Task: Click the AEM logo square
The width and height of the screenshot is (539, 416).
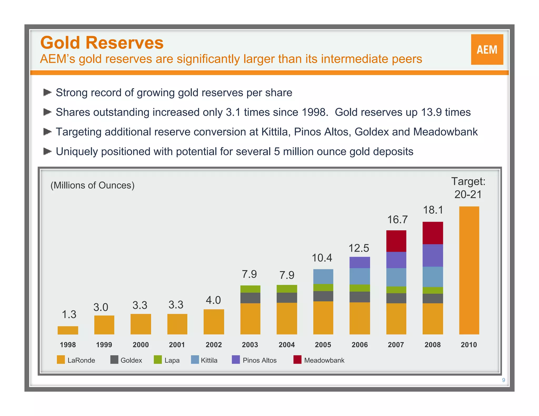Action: coord(487,49)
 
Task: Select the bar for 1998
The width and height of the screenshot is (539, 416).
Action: coord(68,330)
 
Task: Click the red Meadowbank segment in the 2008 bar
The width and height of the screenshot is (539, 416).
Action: coord(433,233)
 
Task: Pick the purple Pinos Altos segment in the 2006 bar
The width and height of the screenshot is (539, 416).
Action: coord(360,262)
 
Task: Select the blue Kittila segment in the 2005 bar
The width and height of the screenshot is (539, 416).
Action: coord(323,276)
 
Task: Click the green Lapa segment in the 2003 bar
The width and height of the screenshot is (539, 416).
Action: coord(250,289)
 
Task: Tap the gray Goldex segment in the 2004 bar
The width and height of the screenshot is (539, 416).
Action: coord(287,298)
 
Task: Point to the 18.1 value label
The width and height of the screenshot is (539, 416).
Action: coord(433,210)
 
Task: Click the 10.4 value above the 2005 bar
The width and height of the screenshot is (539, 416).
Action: coord(322,258)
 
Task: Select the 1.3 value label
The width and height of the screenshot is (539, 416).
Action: coord(69,314)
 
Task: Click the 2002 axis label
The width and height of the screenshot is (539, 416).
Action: coord(214,345)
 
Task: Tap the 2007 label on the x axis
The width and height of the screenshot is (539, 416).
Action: coord(396,345)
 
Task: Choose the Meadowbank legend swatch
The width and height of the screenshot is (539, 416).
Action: coord(297,360)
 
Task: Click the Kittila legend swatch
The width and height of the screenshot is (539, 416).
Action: coord(195,360)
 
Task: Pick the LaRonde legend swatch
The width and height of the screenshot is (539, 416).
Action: coord(61,360)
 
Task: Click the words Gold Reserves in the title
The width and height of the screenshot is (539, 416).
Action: coord(102,43)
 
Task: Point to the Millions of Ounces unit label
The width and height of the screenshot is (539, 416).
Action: coord(92,185)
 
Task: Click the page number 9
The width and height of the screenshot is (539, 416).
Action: coord(503,380)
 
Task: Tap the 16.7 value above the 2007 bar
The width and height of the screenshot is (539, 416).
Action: coord(397,220)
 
